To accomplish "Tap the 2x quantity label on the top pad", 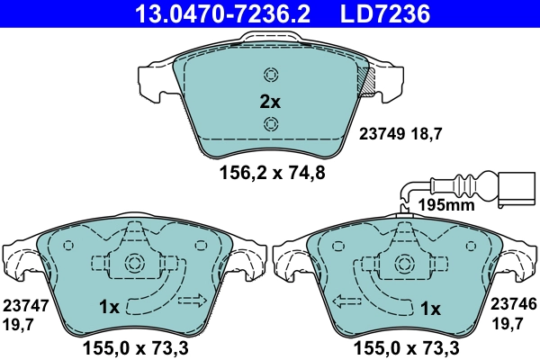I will pyautogui.click(x=270, y=102).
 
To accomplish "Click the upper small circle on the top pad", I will pyautogui.click(x=270, y=76).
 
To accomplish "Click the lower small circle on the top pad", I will pyautogui.click(x=270, y=124).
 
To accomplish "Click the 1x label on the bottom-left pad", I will pyautogui.click(x=109, y=308).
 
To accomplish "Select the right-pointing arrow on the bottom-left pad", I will pyautogui.click(x=193, y=300).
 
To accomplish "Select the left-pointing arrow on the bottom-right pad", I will pyautogui.click(x=346, y=301).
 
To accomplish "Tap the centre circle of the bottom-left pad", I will pyautogui.click(x=136, y=264).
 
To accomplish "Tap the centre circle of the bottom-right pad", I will pyautogui.click(x=404, y=264).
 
